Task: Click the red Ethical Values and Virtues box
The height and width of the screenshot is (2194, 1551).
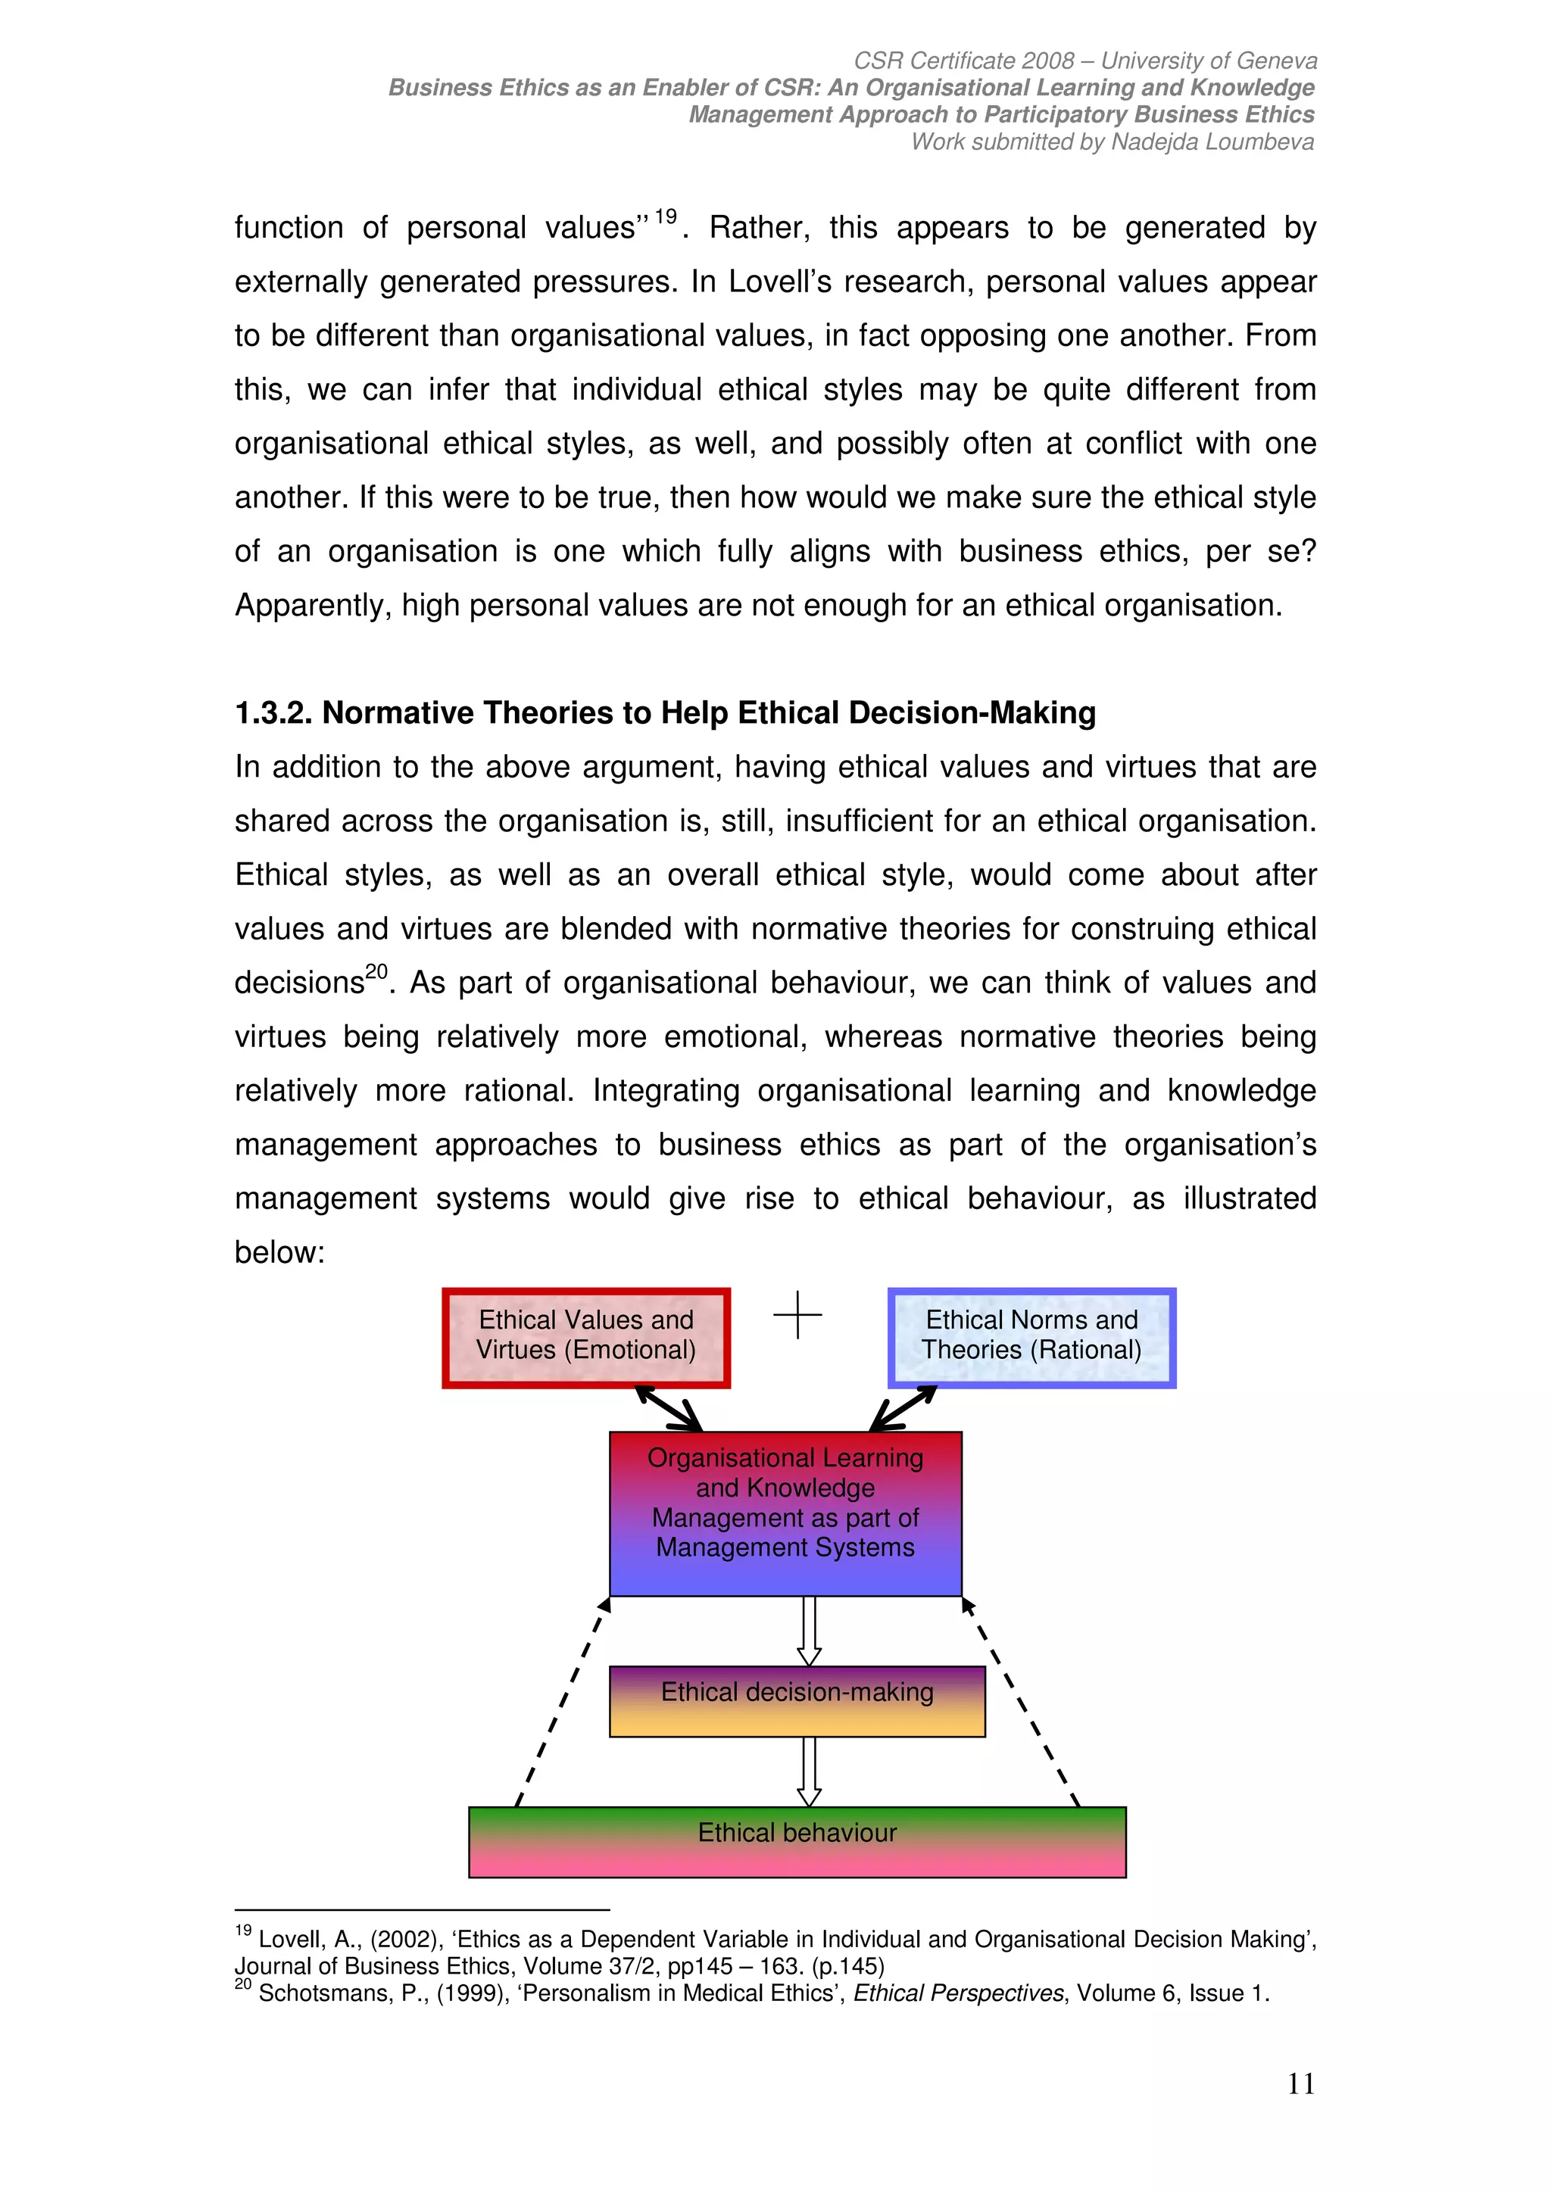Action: pyautogui.click(x=586, y=1337)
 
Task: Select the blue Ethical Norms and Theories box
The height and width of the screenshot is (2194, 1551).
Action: pyautogui.click(x=1031, y=1337)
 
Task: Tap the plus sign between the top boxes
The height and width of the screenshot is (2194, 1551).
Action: pyautogui.click(x=797, y=1316)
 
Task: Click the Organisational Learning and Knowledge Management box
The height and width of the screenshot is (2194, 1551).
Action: pyautogui.click(x=785, y=1513)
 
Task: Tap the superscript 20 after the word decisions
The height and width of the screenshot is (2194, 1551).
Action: pyautogui.click(x=376, y=972)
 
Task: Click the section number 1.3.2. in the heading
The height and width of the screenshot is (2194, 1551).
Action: pyautogui.click(x=274, y=713)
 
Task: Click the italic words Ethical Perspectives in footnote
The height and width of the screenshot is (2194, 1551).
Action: pyautogui.click(x=957, y=1993)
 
